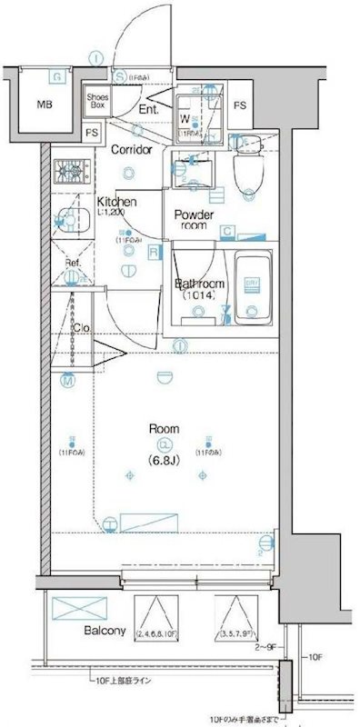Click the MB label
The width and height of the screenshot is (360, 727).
45,105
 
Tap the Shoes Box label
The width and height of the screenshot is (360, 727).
96,100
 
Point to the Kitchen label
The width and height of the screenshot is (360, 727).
117,202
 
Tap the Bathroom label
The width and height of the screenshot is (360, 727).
202,284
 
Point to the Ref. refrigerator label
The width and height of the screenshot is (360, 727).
73,264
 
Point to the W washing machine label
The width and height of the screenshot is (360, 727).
185,118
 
